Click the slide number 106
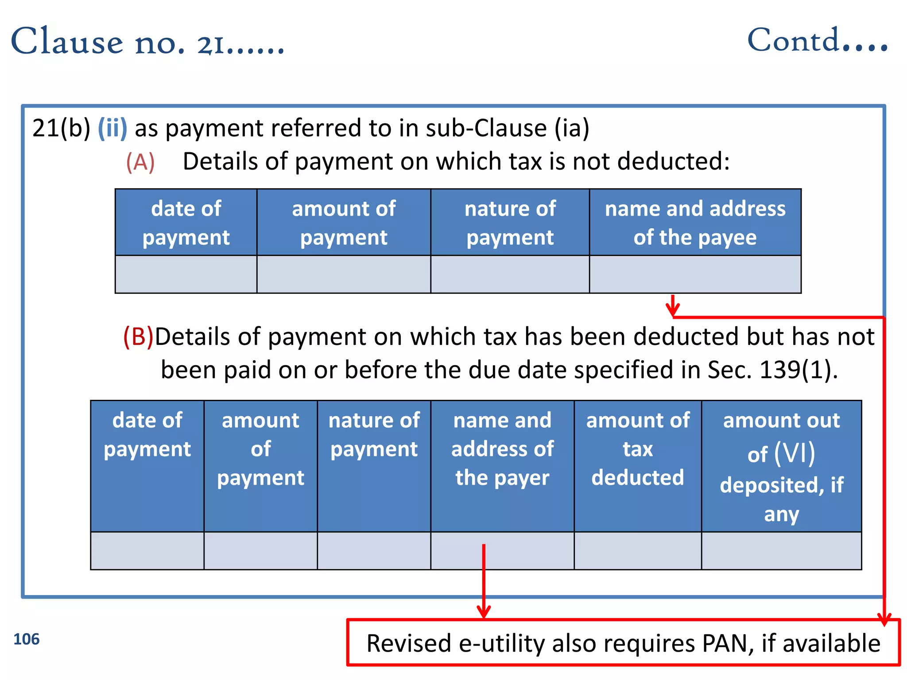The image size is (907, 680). tap(27, 639)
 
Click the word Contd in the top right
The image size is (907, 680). tap(793, 41)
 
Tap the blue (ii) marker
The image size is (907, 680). tap(112, 128)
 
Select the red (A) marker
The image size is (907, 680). tap(140, 162)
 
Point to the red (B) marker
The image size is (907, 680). tap(138, 336)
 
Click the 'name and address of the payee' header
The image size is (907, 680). tap(695, 223)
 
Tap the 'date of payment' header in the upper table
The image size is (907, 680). tap(186, 223)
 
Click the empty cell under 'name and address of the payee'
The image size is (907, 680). tap(695, 274)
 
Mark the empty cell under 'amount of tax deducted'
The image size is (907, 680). tap(638, 551)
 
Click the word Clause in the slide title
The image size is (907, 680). tap(66, 42)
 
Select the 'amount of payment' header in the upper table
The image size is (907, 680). tap(344, 223)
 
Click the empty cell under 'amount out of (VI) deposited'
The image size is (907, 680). tap(781, 551)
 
